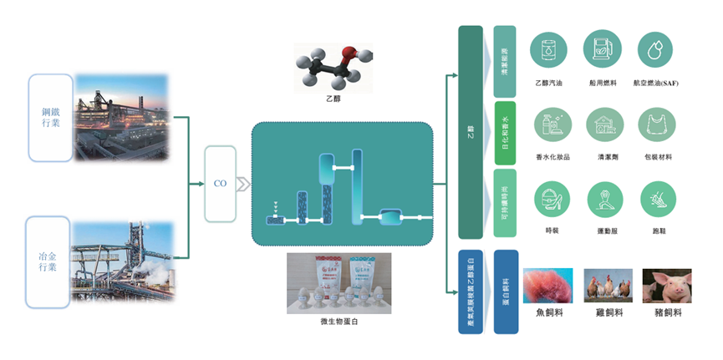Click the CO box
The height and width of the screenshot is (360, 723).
click(x=221, y=183)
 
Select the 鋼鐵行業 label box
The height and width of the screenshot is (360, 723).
click(x=50, y=118)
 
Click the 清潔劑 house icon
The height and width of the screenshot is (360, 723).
click(x=603, y=125)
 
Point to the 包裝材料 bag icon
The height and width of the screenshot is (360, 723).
click(x=656, y=125)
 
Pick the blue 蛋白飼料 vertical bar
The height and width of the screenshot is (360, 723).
click(x=506, y=292)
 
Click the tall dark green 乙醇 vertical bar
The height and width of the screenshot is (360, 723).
click(x=471, y=132)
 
